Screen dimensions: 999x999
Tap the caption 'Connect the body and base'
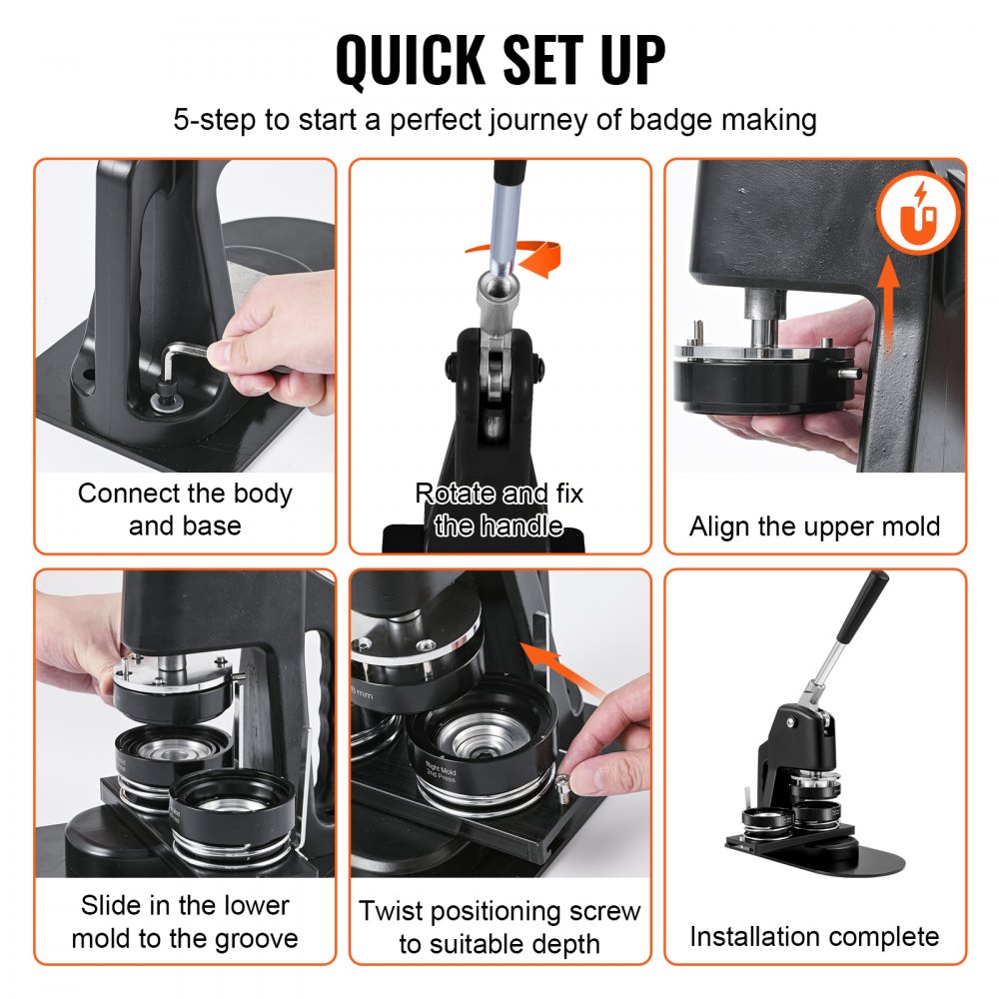point(185,509)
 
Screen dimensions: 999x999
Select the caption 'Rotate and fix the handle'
point(499,509)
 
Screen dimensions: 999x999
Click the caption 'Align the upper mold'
point(814,526)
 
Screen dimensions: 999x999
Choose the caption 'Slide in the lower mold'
point(185,921)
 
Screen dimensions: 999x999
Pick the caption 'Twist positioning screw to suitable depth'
point(499,927)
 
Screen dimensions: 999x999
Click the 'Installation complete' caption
point(814,936)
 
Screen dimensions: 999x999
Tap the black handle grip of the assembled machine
point(861,607)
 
